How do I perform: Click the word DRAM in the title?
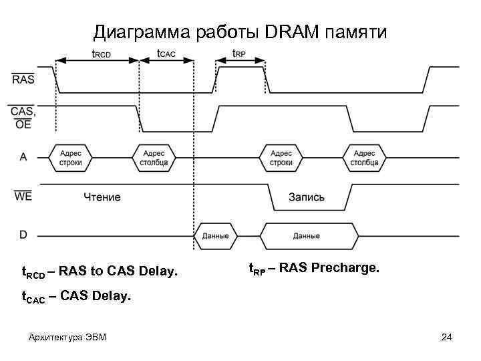click(291, 31)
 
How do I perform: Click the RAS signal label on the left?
click(23, 79)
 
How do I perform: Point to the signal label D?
click(23, 235)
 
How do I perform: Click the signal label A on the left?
click(23, 157)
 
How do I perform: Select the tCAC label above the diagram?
click(166, 53)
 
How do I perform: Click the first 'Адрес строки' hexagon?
click(71, 158)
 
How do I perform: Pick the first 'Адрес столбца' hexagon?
click(154, 158)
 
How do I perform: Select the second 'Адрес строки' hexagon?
click(281, 158)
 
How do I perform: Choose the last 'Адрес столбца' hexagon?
click(364, 158)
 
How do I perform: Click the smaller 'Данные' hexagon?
click(215, 236)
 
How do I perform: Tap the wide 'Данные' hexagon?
click(306, 236)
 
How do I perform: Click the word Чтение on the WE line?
click(102, 197)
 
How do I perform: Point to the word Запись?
click(307, 197)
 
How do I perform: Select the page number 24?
click(447, 337)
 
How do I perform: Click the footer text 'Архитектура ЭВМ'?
click(67, 337)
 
